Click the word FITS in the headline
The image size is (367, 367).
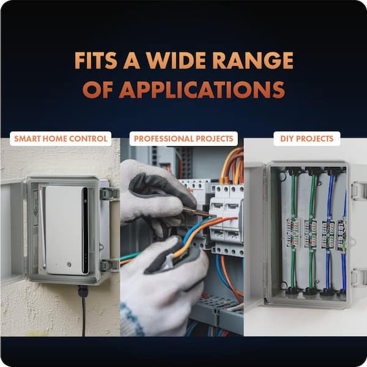96,61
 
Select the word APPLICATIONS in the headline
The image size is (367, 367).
202,90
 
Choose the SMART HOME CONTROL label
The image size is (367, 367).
61,139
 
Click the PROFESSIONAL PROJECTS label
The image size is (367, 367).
183,139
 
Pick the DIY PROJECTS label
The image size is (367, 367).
306,139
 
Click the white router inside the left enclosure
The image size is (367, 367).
67,230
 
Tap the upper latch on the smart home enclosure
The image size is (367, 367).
109,194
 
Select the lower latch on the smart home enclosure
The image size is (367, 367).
109,265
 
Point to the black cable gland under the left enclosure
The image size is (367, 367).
83,291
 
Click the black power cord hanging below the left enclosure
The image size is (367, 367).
84,316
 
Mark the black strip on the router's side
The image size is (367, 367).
86,230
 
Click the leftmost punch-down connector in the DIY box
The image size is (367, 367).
292,232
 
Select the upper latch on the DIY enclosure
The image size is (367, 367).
358,191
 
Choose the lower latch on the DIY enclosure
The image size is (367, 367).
358,278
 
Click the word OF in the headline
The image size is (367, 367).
98,90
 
